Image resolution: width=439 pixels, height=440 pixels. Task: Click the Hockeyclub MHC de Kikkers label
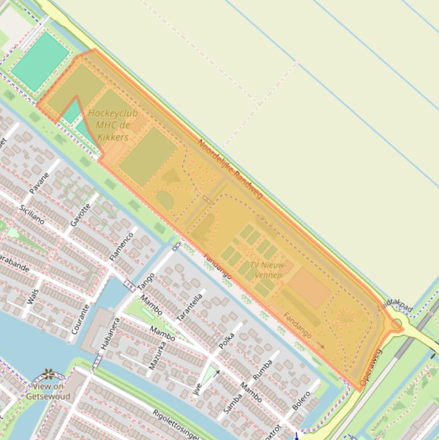pyautogui.click(x=112, y=125)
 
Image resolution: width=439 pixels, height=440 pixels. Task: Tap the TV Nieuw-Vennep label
pyautogui.click(x=266, y=270)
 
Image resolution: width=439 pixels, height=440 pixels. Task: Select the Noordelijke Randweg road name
pyautogui.click(x=230, y=169)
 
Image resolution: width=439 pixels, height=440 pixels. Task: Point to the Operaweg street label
pyautogui.click(x=370, y=366)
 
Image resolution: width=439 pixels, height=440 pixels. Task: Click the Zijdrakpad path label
pyautogui.click(x=394, y=306)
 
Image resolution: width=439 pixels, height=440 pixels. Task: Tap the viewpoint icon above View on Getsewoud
pyautogui.click(x=49, y=374)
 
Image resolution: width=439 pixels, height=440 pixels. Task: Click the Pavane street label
pyautogui.click(x=39, y=180)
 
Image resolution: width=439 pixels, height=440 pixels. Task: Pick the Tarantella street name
pyautogui.click(x=190, y=307)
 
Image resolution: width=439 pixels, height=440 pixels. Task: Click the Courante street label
pyautogui.click(x=80, y=319)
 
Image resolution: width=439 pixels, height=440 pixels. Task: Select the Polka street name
pyautogui.click(x=227, y=340)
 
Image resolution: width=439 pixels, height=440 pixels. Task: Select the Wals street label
pyautogui.click(x=33, y=297)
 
